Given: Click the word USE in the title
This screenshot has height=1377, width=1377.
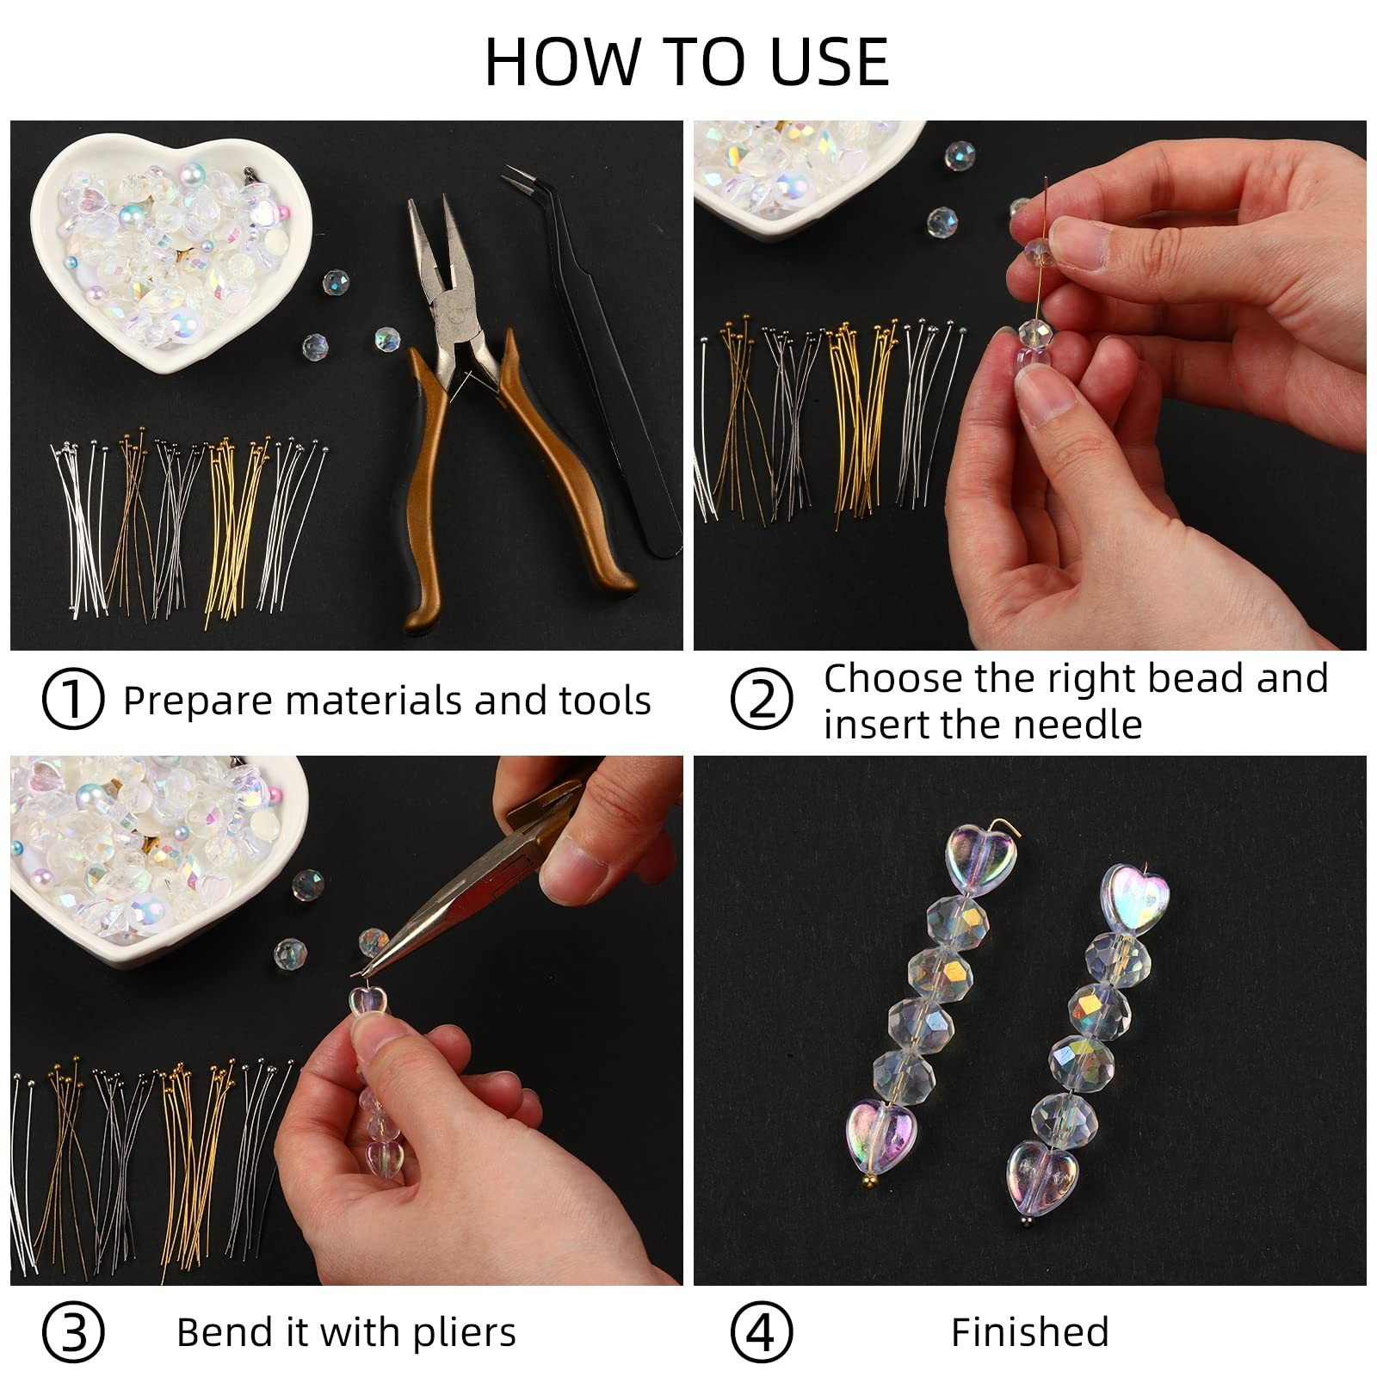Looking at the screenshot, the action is [830, 62].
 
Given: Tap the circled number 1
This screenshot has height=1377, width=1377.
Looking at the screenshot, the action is [73, 699].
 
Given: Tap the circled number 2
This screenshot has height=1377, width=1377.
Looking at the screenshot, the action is [761, 699].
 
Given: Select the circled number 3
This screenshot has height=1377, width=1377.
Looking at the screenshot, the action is [73, 1332].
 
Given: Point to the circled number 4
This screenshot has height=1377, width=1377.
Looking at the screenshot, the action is [761, 1332].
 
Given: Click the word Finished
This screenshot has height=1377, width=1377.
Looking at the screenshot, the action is [1029, 1332].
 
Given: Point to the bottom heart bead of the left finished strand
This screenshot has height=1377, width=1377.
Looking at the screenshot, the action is [881, 1134].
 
